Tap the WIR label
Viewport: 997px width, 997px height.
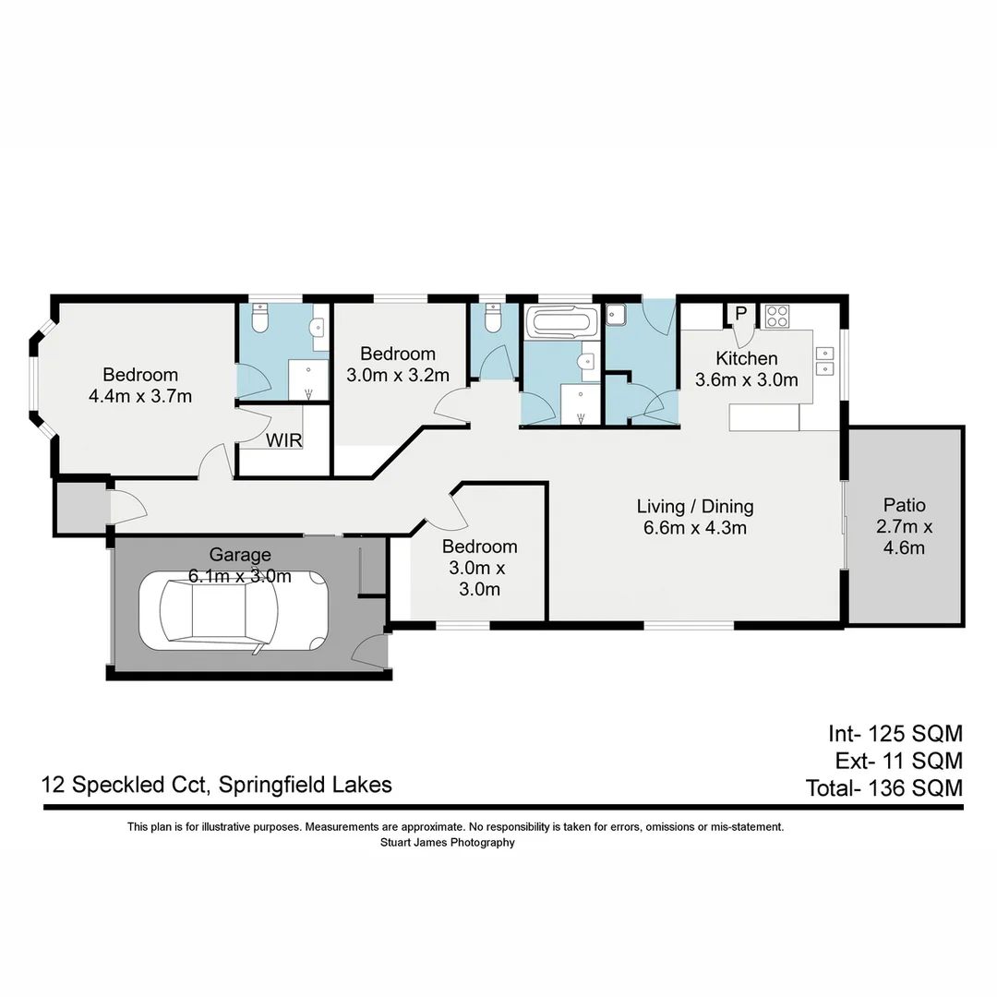click(x=283, y=440)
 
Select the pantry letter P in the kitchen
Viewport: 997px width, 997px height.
click(x=740, y=313)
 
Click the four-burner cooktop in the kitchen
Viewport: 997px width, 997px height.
click(x=776, y=316)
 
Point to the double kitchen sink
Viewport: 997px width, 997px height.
click(x=825, y=361)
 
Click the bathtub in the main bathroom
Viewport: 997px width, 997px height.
click(x=560, y=323)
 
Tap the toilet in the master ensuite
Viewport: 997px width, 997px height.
click(x=260, y=319)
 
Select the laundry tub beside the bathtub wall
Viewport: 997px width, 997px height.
click(x=617, y=313)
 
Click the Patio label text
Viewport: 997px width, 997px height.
click(x=904, y=505)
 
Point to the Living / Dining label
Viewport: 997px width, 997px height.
click(x=694, y=506)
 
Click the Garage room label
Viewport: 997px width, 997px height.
click(x=240, y=555)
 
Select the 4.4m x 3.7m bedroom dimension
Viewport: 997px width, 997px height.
click(x=140, y=397)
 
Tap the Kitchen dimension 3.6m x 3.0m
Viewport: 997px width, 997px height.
click(x=746, y=379)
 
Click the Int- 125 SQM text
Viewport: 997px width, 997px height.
click(x=895, y=734)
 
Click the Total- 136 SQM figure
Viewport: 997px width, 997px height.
click(x=883, y=788)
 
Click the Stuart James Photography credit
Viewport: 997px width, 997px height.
click(x=447, y=842)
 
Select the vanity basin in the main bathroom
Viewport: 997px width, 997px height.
click(x=585, y=361)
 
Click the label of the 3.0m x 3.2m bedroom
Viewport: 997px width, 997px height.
click(x=397, y=354)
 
